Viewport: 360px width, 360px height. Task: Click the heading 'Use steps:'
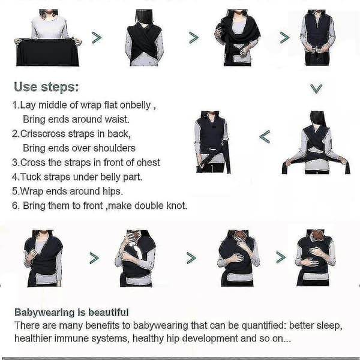coord(46,87)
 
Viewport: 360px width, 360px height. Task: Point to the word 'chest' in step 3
coord(148,163)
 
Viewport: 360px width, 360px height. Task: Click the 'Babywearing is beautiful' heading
coord(71,313)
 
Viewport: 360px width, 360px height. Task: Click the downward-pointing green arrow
coord(316,89)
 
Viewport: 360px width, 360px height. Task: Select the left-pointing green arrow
coord(265,137)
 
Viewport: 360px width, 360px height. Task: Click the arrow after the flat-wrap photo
coord(97,38)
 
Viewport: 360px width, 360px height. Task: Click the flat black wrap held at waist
coord(47,52)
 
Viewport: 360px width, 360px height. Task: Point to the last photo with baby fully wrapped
coord(315,257)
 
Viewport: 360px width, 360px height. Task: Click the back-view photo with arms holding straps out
coord(316,142)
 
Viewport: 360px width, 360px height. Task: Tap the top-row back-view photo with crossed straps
coord(145,38)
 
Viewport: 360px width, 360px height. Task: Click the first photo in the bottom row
coord(43,258)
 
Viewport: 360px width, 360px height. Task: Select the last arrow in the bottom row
coord(281,257)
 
